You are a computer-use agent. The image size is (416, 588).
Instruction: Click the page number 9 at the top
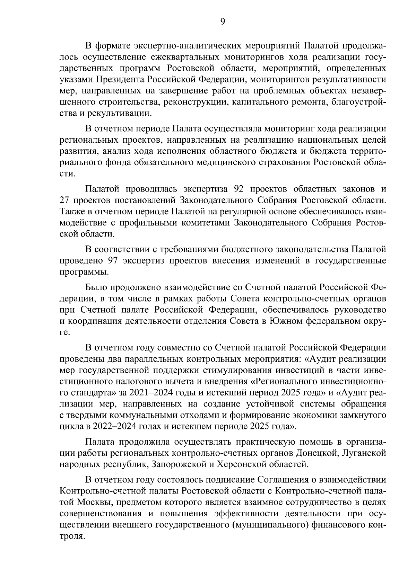[223, 22]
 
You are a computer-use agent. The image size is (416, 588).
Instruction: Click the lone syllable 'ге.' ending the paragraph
[65, 332]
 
